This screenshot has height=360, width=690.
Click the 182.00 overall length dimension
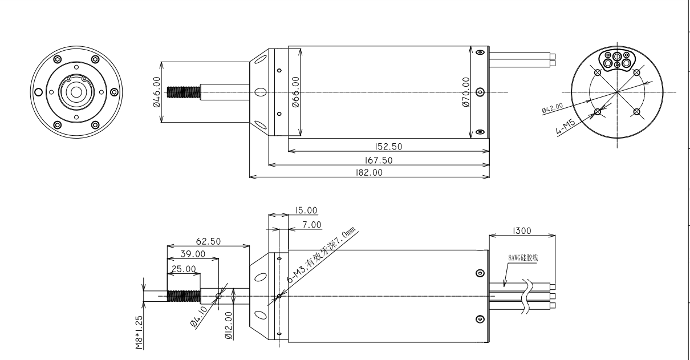pyautogui.click(x=369, y=172)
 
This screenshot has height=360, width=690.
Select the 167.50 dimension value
pyautogui.click(x=379, y=160)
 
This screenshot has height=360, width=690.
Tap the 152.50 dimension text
pyautogui.click(x=388, y=147)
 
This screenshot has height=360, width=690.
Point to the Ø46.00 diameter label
pyautogui.click(x=156, y=92)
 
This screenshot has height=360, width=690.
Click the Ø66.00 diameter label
pyautogui.click(x=295, y=92)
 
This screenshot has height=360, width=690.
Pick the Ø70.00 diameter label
pyautogui.click(x=466, y=92)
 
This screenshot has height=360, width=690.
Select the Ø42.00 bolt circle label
pyautogui.click(x=553, y=108)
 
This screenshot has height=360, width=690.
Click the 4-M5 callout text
pyautogui.click(x=565, y=127)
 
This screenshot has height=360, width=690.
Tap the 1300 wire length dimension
pyautogui.click(x=522, y=230)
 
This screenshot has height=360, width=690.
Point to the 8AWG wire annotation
pyautogui.click(x=523, y=258)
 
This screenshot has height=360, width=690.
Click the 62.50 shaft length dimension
pyautogui.click(x=208, y=241)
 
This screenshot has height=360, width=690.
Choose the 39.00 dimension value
pyautogui.click(x=193, y=254)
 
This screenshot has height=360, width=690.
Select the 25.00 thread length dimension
pyautogui.click(x=184, y=269)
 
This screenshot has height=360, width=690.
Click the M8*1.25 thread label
pyautogui.click(x=139, y=332)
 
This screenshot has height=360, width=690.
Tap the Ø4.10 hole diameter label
pyautogui.click(x=198, y=317)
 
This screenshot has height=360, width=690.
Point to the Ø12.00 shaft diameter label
pyautogui.click(x=229, y=325)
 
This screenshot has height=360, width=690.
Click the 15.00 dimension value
pyautogui.click(x=306, y=210)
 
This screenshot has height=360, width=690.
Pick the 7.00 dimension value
pyautogui.click(x=312, y=225)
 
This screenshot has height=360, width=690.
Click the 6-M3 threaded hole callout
pyautogui.click(x=321, y=255)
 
